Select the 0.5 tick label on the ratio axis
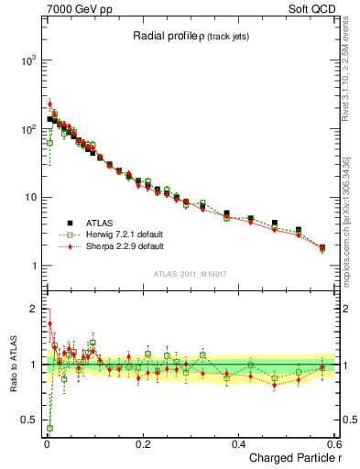point(28,421)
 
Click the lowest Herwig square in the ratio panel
point(49,428)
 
